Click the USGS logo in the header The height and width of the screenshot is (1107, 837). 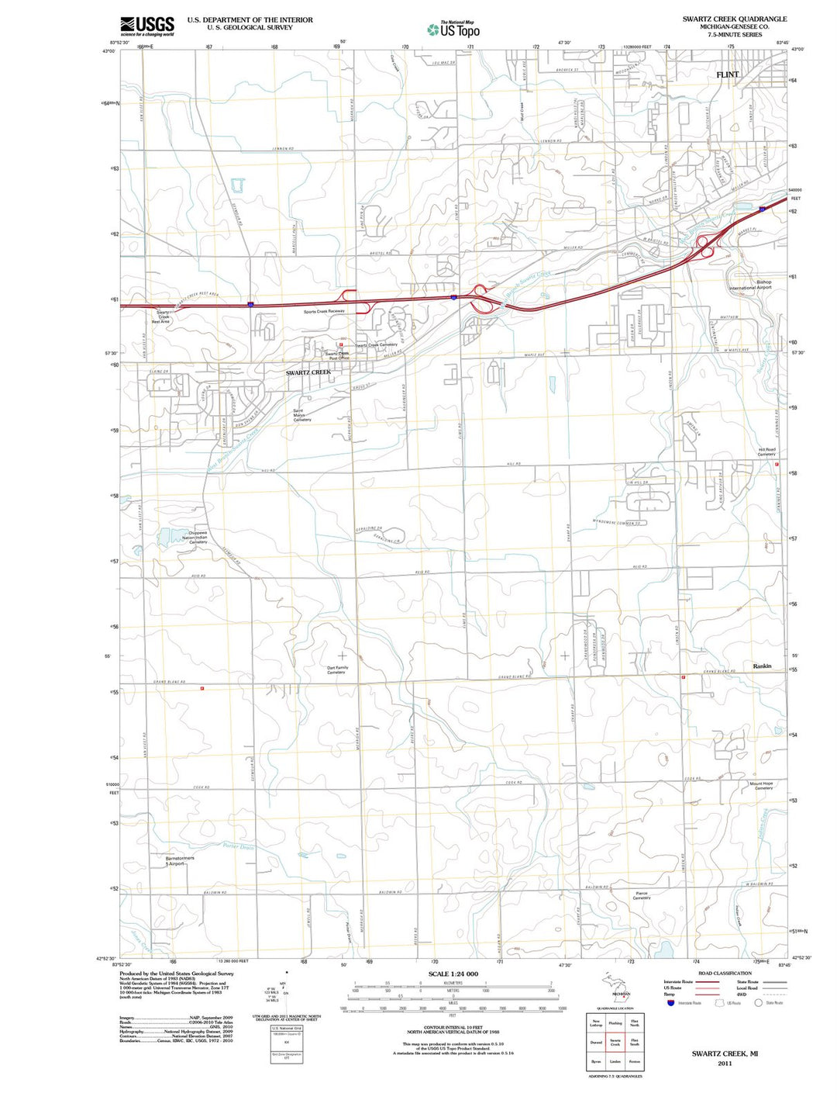point(147,26)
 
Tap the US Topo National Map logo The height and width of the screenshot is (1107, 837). point(454,29)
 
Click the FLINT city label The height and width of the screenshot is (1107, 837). point(727,74)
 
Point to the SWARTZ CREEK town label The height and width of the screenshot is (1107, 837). point(308,372)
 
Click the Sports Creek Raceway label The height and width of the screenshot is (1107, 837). point(324,311)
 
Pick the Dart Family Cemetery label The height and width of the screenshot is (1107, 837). point(337,669)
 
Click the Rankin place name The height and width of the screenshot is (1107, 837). point(762,666)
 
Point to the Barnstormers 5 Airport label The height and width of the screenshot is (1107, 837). point(180,860)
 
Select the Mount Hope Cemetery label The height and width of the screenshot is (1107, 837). point(761,785)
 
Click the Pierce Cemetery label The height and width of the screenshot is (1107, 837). point(641,895)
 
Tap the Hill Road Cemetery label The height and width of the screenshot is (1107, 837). point(766,451)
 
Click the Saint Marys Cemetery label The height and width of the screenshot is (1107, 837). point(301,415)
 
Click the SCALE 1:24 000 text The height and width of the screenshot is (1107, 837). point(453,974)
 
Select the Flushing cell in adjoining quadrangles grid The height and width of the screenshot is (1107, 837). point(615,1023)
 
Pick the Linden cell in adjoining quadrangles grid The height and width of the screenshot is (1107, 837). point(615,1061)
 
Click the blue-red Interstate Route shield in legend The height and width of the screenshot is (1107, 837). point(670,1002)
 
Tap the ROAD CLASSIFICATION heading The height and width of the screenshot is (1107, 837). point(725,973)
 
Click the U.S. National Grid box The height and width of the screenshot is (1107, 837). point(286,1029)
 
